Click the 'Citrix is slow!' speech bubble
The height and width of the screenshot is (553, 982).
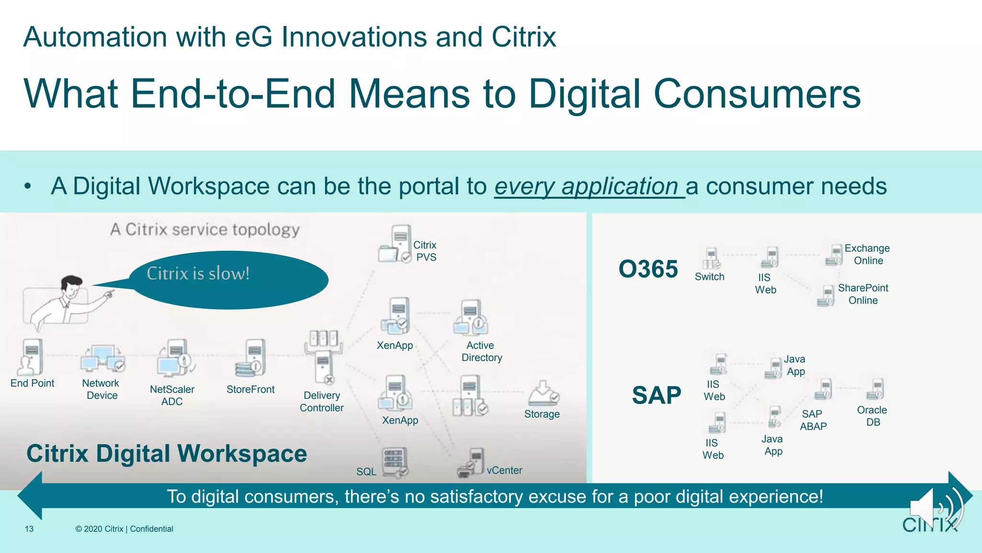229,279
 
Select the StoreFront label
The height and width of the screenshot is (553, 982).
250,389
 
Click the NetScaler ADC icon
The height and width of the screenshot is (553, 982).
175,359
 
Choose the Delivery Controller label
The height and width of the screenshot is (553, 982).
322,402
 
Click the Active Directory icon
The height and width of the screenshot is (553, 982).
471,318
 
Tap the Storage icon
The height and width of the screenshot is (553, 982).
543,394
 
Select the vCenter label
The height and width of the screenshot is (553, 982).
504,470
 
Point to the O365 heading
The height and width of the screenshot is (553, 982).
648,269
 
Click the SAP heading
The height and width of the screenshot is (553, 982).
656,396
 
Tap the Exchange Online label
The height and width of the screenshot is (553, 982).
867,254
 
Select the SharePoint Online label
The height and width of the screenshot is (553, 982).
863,294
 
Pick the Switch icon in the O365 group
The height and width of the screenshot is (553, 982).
712,259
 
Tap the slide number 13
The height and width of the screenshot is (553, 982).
29,529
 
